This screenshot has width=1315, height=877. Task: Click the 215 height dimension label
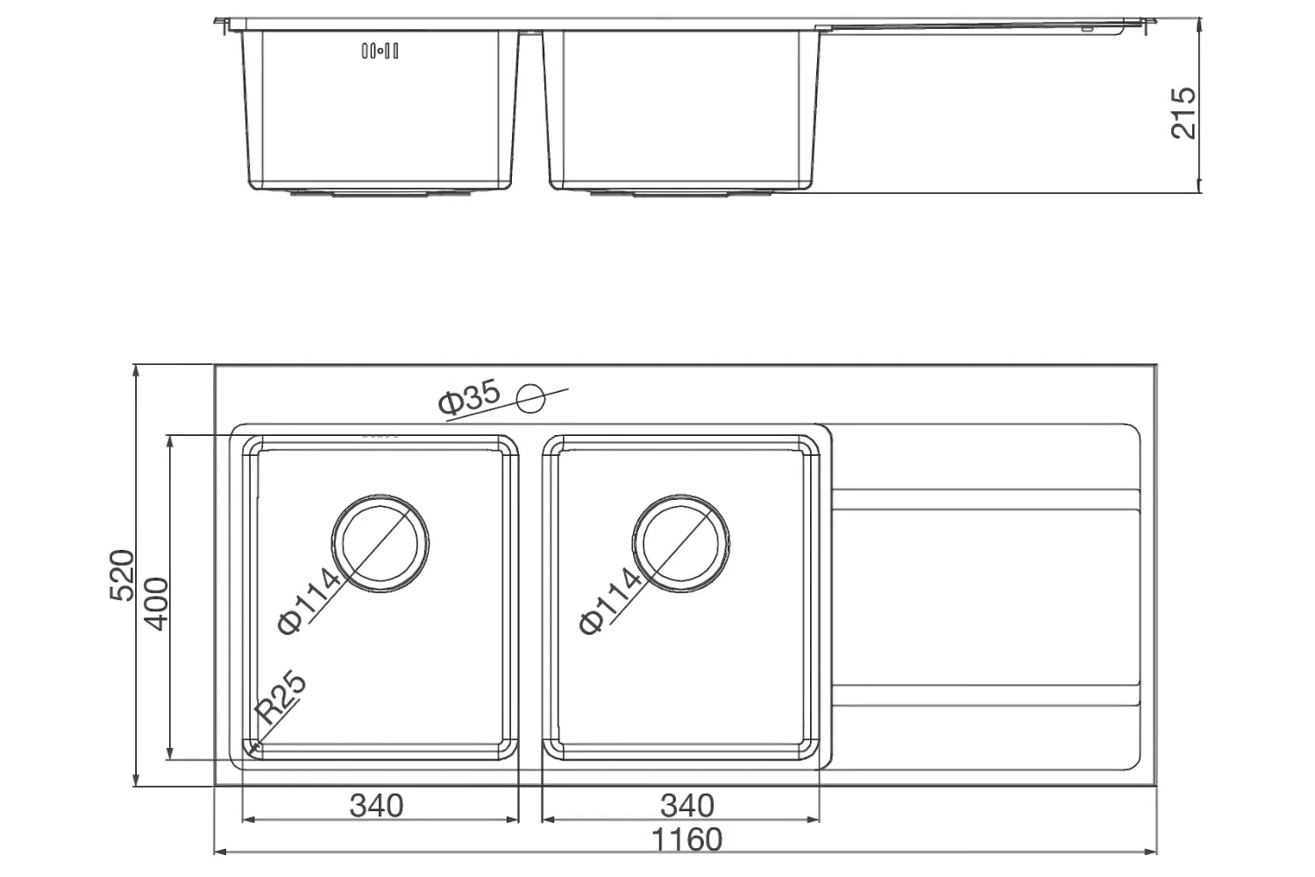1183,112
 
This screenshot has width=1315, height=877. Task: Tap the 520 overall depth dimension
122,575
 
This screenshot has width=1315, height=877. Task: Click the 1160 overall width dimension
687,839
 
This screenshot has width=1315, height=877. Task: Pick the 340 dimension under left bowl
376,804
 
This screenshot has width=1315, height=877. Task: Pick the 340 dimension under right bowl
686,804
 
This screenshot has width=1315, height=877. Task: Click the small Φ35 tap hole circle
530,399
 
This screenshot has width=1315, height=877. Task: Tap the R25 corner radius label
281,697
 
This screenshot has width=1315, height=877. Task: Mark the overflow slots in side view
380,51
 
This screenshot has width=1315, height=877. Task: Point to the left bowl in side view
380,114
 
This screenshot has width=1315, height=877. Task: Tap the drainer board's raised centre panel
986,596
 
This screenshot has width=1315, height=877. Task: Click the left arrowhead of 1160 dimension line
220,851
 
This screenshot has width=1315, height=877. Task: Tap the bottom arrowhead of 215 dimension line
1198,187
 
